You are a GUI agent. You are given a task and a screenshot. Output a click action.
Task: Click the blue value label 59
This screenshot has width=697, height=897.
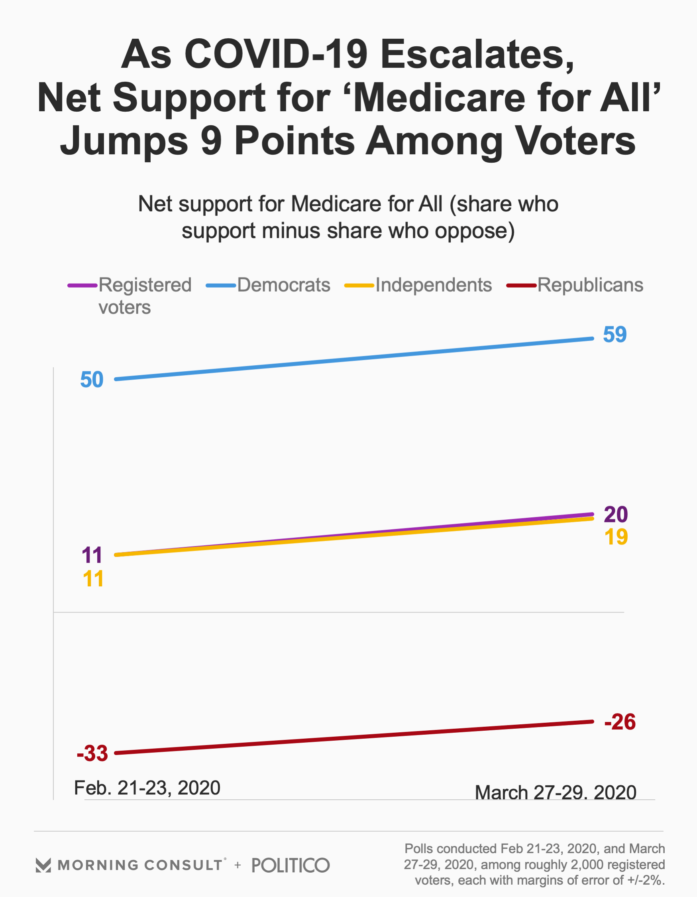coord(615,334)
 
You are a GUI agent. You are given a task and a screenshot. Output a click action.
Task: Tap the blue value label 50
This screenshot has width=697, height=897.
coord(92,380)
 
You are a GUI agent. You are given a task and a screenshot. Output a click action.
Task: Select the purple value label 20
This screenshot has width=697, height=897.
coord(616,514)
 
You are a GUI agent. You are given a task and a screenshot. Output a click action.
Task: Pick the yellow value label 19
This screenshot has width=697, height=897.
coord(616,537)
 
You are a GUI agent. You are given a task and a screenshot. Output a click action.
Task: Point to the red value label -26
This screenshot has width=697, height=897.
coord(620,722)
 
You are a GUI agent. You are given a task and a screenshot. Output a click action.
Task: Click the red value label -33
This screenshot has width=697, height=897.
coord(92,753)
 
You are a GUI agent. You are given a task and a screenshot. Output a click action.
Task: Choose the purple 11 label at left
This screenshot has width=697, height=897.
coord(92,555)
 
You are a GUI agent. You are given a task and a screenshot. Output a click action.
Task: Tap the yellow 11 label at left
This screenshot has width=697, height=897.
coord(93,579)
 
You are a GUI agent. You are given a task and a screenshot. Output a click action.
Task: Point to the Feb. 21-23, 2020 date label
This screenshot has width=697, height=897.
coord(147,788)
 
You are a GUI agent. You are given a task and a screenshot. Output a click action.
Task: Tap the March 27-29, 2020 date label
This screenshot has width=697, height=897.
coord(556,793)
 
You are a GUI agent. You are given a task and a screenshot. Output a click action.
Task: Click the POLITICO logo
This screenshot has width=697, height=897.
coord(291,865)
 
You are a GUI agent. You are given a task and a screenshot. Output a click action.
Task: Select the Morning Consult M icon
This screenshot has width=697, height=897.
coord(43,865)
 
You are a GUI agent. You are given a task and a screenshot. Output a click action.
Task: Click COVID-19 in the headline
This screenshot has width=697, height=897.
coord(275,54)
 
